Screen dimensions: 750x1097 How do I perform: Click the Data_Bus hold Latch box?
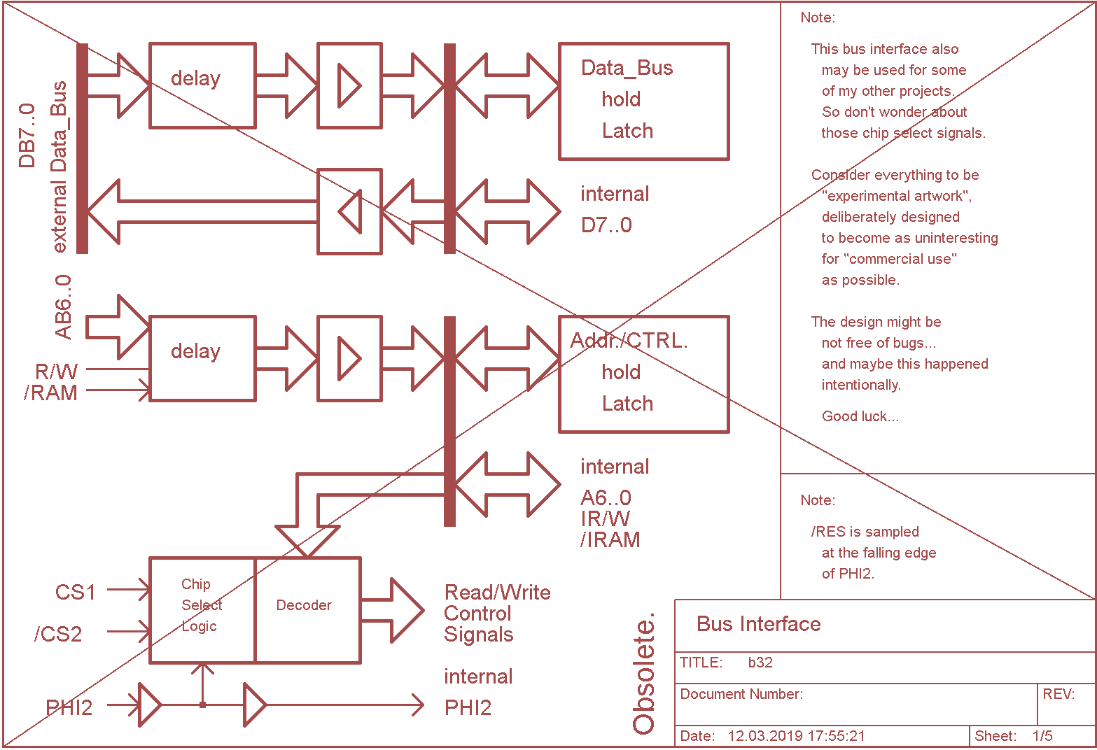pos(643,101)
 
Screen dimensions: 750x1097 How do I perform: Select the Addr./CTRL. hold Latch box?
pos(643,374)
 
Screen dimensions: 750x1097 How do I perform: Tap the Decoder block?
pos(307,609)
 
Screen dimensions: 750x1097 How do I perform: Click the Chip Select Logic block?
pos(202,609)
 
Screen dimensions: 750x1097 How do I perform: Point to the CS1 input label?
pos(75,593)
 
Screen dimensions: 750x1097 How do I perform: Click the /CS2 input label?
pos(58,635)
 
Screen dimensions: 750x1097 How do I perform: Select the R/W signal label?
pos(56,372)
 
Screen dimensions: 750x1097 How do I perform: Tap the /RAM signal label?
pos(50,393)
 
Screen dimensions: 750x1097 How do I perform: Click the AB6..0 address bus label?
pos(63,307)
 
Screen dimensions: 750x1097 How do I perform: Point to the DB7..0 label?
pos(27,136)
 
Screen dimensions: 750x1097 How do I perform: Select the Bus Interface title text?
pos(758,624)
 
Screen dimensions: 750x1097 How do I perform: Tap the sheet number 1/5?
pos(1042,736)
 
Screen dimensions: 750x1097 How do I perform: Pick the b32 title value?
pos(760,663)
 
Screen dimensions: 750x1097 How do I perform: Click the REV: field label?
pos(1058,694)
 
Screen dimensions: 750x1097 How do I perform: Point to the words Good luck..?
pos(860,417)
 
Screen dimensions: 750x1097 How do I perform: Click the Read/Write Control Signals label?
pos(496,614)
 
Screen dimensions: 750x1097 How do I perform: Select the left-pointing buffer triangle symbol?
pos(350,211)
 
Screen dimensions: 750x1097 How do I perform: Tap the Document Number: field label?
pos(741,694)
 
